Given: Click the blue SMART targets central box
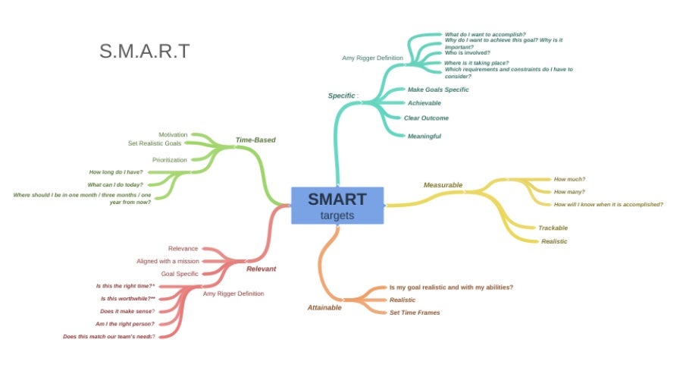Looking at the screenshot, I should [x=337, y=206].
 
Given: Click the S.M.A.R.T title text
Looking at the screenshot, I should [x=144, y=52].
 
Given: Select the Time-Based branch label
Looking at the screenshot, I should [x=255, y=140].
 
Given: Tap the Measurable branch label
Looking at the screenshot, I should [x=443, y=184].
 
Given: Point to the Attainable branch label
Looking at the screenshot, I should [x=324, y=307].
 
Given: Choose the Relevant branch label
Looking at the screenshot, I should [x=261, y=269].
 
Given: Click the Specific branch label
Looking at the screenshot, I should [x=343, y=96].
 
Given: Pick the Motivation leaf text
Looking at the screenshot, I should [x=173, y=134].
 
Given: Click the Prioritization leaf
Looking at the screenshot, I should [x=170, y=159].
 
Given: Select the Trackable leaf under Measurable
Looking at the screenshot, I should [x=553, y=228].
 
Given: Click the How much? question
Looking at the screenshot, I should [x=569, y=179].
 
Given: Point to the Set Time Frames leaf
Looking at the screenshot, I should [x=415, y=312].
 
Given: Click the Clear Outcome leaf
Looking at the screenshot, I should [x=426, y=118].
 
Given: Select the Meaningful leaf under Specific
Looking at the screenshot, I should [x=425, y=136].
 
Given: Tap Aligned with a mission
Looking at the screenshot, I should [x=168, y=261].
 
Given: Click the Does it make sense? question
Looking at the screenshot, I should [x=127, y=311].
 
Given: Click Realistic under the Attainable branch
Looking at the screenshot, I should [x=403, y=300].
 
